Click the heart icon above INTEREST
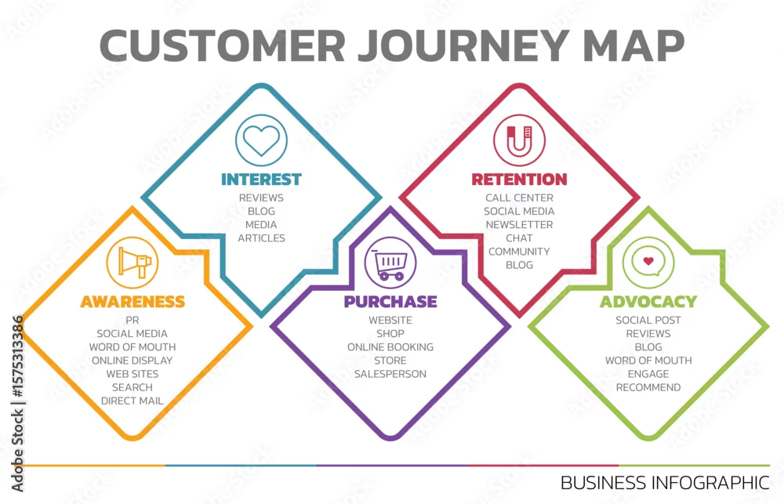(261, 140)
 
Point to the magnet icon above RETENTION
(519, 140)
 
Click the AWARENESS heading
(132, 302)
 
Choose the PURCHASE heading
(390, 302)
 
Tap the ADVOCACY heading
(648, 302)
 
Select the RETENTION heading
(519, 179)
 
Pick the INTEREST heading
(261, 179)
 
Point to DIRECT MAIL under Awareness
(132, 401)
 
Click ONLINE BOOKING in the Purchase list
(390, 347)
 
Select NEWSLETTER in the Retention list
(519, 224)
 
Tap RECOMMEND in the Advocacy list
(648, 387)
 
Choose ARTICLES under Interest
(261, 238)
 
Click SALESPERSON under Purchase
(390, 374)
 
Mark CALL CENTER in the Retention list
(519, 198)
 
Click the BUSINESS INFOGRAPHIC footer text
(665, 483)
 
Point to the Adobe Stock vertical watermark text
(17, 404)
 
